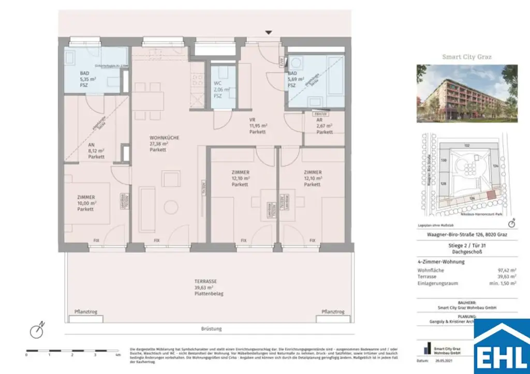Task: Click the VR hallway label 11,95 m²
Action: tap(257, 126)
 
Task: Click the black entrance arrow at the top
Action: tap(268, 33)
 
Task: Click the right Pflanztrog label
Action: tap(333, 312)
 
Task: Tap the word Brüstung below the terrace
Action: tap(211, 329)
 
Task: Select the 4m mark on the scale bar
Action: tap(119, 355)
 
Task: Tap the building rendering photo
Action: tap(467, 93)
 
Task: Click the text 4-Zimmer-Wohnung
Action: tap(440, 262)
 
